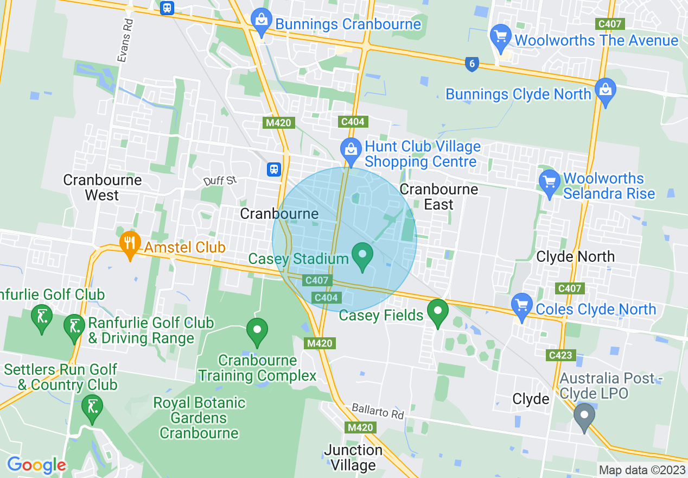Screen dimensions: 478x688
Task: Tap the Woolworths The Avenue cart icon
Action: point(501,37)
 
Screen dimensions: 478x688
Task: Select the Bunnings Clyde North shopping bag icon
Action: point(605,91)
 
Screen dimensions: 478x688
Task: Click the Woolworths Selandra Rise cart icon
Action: point(550,183)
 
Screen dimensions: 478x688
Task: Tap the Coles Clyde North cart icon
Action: point(523,306)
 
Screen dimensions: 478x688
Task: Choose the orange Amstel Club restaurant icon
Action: point(129,244)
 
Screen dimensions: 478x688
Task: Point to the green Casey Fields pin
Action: point(437,312)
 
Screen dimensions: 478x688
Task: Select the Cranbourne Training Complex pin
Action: point(257,331)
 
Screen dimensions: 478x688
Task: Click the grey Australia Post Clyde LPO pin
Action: point(584,417)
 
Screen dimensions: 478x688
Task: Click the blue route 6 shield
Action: point(472,64)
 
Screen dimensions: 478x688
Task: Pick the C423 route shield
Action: point(560,355)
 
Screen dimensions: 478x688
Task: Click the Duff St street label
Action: point(220,180)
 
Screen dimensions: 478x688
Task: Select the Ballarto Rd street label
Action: point(378,411)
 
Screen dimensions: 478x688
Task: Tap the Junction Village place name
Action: point(353,457)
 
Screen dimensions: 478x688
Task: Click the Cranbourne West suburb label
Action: point(102,187)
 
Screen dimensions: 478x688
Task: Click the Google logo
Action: point(36,465)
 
